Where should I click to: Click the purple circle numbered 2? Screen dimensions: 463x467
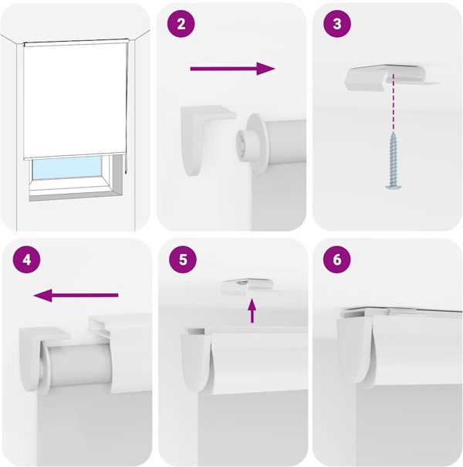tap(181, 23)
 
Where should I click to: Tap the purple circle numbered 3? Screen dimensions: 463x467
tap(337, 23)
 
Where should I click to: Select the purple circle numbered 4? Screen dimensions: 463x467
tap(26, 259)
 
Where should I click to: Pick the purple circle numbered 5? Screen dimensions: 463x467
tap(183, 259)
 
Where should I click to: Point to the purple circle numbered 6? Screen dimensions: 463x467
tap(337, 259)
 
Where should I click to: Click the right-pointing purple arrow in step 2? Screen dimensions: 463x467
tap(232, 69)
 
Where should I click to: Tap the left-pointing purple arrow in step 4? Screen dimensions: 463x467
tap(76, 296)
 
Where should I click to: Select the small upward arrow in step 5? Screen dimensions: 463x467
tap(252, 311)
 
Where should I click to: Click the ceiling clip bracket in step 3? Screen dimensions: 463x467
tap(392, 78)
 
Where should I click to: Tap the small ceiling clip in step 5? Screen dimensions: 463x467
tap(248, 286)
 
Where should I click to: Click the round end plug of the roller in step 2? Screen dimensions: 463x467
tap(250, 143)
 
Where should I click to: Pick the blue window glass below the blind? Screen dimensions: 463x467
tap(66, 168)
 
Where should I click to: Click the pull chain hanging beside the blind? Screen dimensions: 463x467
tap(127, 107)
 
